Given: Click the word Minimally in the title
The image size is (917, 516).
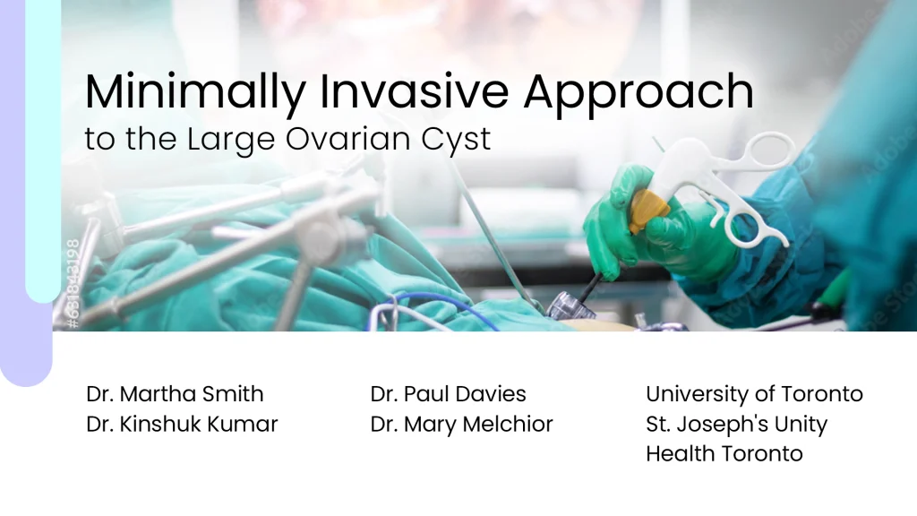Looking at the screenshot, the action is pyautogui.click(x=195, y=92).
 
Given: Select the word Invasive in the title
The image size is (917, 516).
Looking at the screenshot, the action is pyautogui.click(x=414, y=91).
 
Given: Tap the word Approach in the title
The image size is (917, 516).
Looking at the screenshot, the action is pyautogui.click(x=638, y=93).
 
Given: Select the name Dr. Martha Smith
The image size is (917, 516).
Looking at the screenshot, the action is pyautogui.click(x=175, y=394).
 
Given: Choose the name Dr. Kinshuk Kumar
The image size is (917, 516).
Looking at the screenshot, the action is pyautogui.click(x=182, y=424).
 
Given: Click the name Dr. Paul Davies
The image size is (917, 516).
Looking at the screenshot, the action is pyautogui.click(x=448, y=394).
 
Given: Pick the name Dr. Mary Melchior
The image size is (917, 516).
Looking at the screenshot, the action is pyautogui.click(x=461, y=424).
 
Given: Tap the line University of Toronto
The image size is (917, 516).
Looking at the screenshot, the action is pyautogui.click(x=754, y=394).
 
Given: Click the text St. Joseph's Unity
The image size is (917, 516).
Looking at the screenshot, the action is pyautogui.click(x=737, y=424).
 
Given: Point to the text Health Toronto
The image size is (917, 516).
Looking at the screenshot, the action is pyautogui.click(x=724, y=453).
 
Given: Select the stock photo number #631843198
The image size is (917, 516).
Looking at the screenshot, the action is pyautogui.click(x=73, y=283).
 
